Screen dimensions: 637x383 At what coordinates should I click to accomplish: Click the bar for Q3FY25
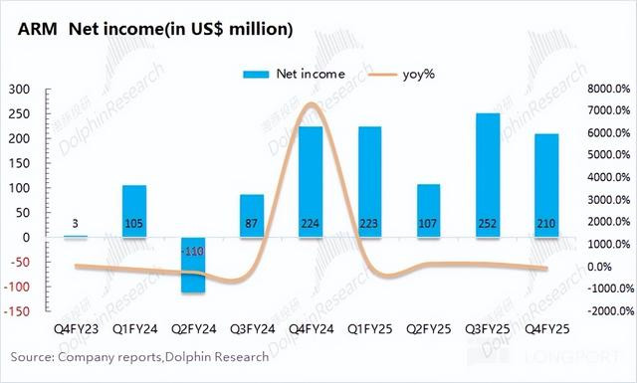click(x=488, y=175)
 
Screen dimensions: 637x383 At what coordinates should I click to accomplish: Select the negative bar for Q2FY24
click(x=193, y=265)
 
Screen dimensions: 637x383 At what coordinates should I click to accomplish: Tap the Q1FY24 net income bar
click(x=134, y=211)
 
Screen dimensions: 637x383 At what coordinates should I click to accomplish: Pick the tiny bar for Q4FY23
click(x=76, y=236)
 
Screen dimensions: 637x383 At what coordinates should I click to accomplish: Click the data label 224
click(x=311, y=224)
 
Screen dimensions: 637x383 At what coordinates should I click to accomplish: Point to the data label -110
click(x=192, y=252)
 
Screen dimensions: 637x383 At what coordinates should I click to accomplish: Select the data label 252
click(x=487, y=224)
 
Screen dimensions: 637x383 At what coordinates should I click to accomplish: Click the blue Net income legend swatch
click(x=256, y=75)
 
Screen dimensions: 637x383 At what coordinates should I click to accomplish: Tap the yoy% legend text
click(x=419, y=75)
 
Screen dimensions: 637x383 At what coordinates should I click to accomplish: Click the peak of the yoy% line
click(x=311, y=104)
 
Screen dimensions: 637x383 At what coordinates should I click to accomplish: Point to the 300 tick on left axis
click(x=20, y=90)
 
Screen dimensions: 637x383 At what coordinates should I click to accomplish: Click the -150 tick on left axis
click(x=17, y=311)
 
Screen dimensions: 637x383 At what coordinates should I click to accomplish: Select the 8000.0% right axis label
click(x=608, y=89)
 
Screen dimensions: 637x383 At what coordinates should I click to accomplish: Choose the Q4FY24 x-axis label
click(x=312, y=328)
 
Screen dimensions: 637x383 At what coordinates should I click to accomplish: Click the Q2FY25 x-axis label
click(x=429, y=328)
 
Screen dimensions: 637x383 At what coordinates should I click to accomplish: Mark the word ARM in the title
click(x=38, y=29)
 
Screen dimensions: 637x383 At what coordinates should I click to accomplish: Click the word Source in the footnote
click(x=32, y=357)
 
